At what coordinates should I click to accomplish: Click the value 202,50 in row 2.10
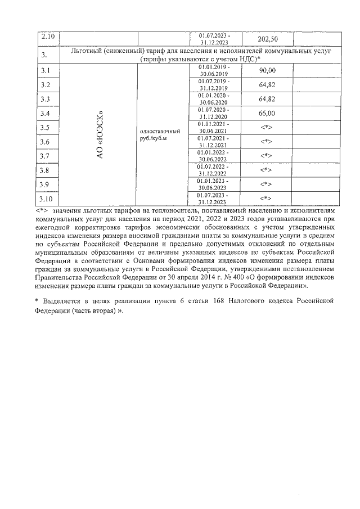click(267, 39)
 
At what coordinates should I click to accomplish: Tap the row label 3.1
click(46, 70)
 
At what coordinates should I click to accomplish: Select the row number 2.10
click(46, 38)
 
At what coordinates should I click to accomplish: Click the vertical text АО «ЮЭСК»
click(99, 134)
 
